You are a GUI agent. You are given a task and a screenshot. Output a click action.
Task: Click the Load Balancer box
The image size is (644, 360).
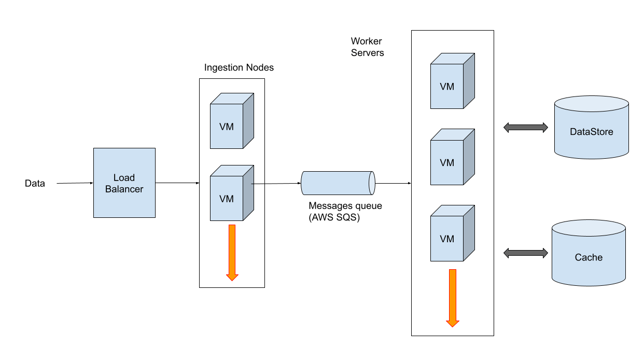tap(124, 183)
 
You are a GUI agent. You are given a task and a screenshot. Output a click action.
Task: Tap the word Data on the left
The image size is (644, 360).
tap(35, 184)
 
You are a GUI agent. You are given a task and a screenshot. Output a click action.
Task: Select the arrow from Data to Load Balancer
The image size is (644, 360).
tap(75, 183)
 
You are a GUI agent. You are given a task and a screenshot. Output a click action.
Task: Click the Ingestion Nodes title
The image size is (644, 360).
tap(239, 68)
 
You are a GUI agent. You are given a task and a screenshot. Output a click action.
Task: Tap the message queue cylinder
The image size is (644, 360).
tap(338, 183)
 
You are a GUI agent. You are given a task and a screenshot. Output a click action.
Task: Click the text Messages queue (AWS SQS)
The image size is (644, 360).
tap(345, 212)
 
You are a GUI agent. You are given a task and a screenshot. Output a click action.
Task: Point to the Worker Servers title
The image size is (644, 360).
tap(367, 47)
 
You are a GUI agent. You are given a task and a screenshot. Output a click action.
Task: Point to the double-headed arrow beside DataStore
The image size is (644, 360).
tap(526, 128)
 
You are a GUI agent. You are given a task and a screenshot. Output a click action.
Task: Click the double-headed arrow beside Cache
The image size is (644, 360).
tap(526, 253)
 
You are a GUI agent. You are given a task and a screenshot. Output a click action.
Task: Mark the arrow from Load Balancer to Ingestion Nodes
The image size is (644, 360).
tap(177, 183)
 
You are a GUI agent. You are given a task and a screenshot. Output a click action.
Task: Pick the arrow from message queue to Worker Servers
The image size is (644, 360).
tap(393, 183)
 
